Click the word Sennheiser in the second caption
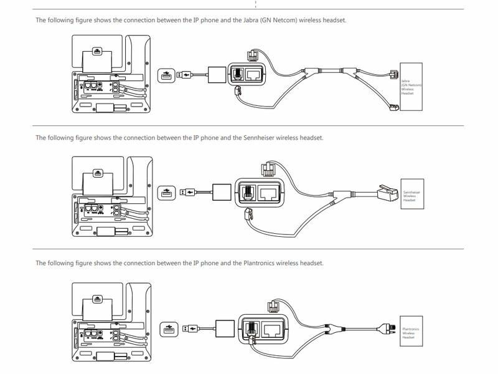click(257, 138)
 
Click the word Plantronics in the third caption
click(257, 263)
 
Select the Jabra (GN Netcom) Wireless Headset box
click(411, 87)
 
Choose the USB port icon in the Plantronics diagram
click(167, 328)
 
